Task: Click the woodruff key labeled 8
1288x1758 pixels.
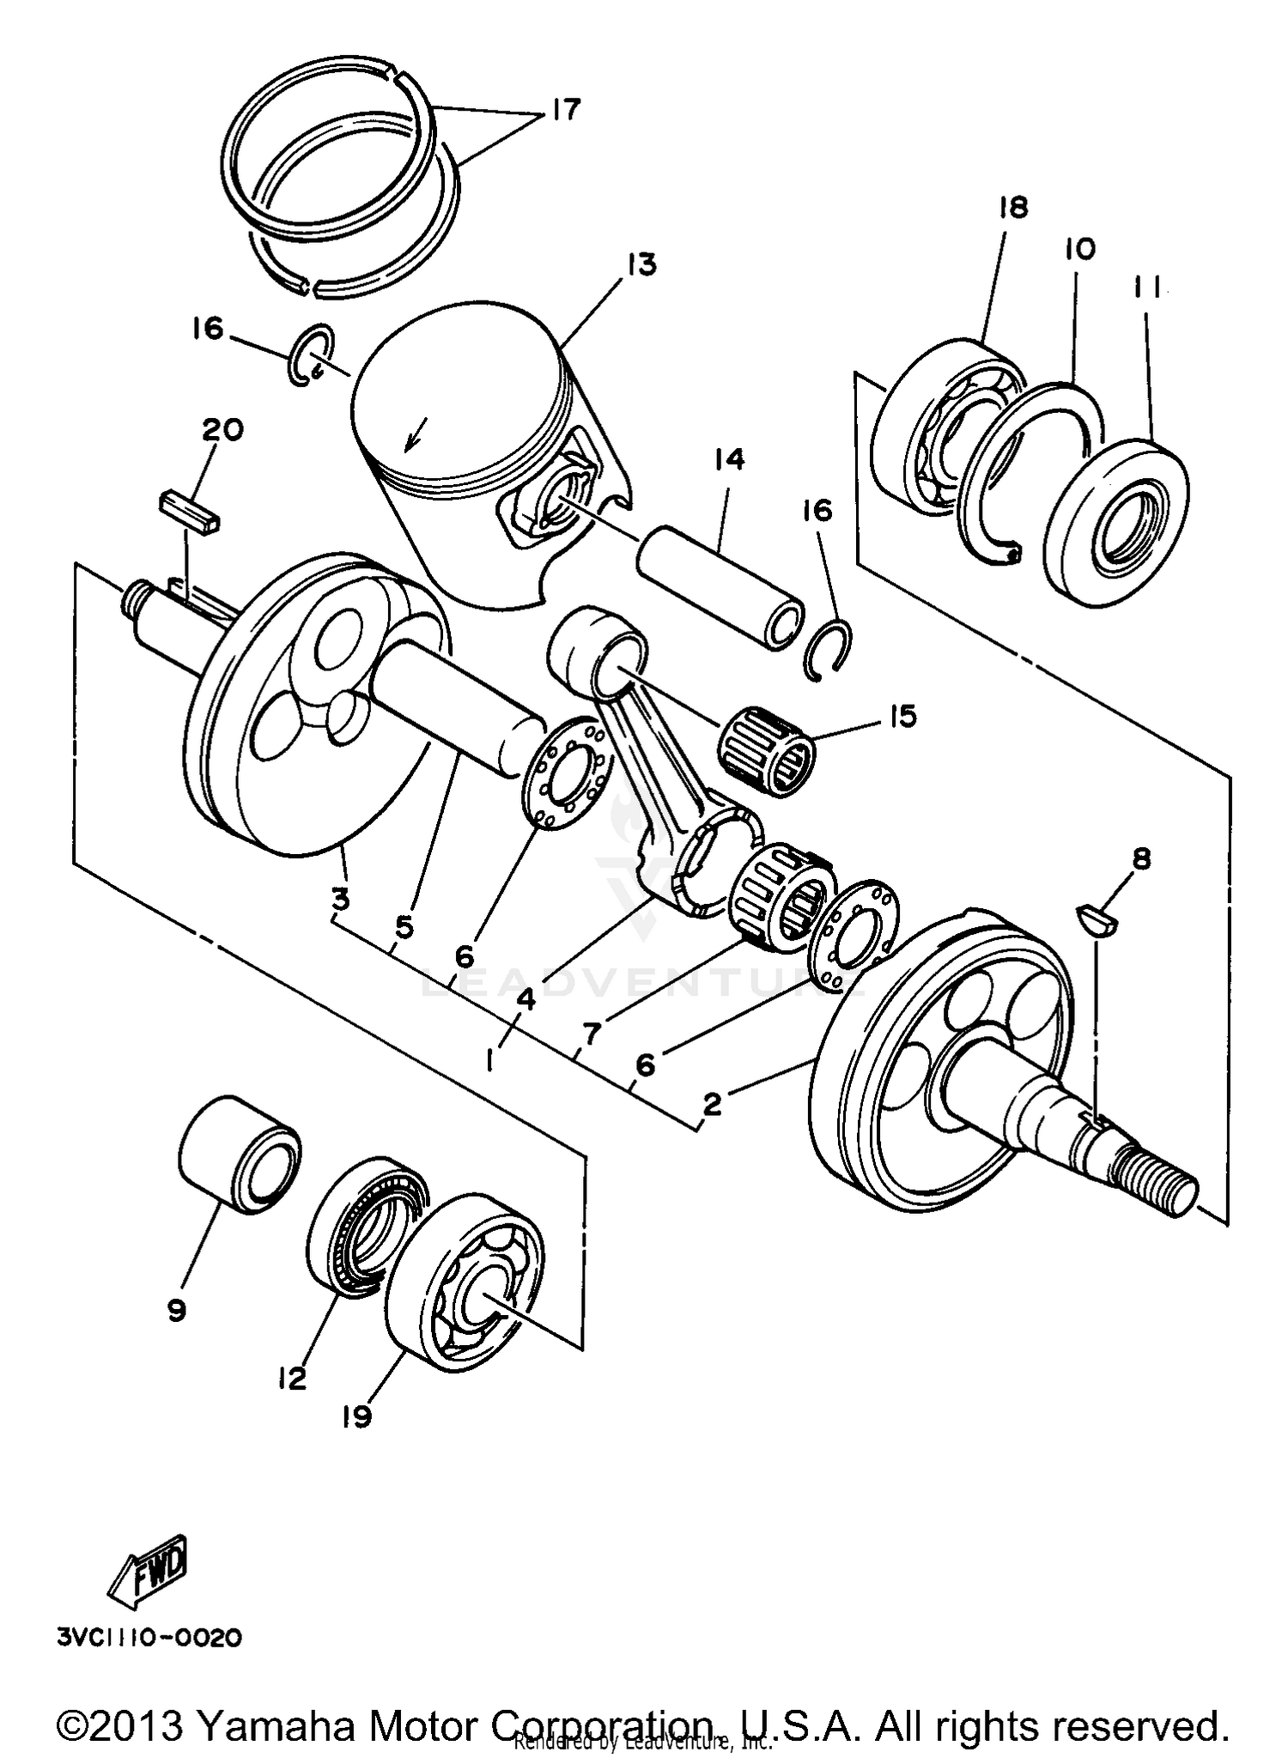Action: [x=1097, y=920]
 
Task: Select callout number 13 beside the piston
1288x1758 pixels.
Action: [x=640, y=264]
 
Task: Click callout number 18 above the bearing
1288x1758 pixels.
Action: [x=1013, y=208]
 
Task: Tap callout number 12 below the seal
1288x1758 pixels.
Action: [x=291, y=1379]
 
